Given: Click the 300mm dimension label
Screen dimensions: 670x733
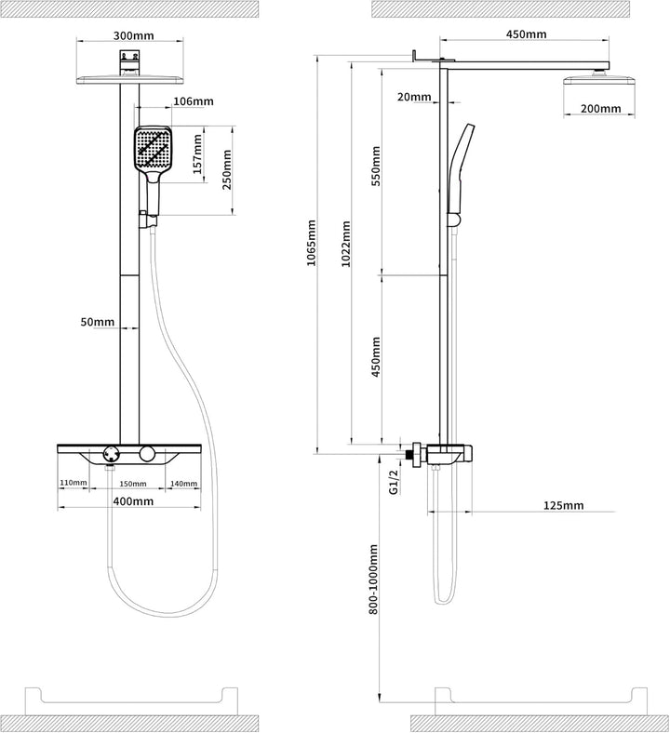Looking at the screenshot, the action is click(x=133, y=35).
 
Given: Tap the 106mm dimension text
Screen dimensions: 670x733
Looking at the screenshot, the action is click(x=194, y=101).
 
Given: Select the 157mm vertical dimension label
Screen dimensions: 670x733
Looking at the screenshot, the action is click(x=197, y=154).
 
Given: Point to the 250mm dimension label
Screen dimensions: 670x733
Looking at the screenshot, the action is click(x=227, y=169).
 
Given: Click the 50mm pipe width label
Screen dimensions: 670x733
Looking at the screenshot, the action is click(x=98, y=322).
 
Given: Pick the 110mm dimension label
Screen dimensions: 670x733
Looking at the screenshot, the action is click(x=73, y=483).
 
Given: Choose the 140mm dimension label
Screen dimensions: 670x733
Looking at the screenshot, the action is click(x=183, y=484).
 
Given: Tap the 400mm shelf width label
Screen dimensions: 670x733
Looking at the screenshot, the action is click(x=133, y=501).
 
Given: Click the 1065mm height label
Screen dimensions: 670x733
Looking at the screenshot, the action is click(x=311, y=243).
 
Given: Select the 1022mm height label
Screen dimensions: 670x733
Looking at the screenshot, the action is click(x=345, y=244).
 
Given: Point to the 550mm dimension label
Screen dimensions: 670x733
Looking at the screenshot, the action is click(x=376, y=166).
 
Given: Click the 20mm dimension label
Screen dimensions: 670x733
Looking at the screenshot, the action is click(x=414, y=97).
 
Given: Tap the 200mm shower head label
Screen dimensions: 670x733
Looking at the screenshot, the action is click(x=601, y=109).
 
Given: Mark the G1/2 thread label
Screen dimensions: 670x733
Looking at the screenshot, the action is click(x=394, y=482).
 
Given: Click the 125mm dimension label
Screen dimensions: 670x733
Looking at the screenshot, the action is click(x=563, y=505).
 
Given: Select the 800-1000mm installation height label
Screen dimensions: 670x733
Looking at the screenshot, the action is click(x=373, y=580).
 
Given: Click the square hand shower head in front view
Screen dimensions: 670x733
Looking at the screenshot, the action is click(x=153, y=148).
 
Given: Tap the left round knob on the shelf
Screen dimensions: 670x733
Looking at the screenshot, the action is click(x=112, y=454).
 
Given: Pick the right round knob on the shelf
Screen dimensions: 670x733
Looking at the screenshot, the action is click(x=147, y=454).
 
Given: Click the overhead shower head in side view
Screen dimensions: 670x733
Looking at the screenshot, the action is click(x=599, y=79).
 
